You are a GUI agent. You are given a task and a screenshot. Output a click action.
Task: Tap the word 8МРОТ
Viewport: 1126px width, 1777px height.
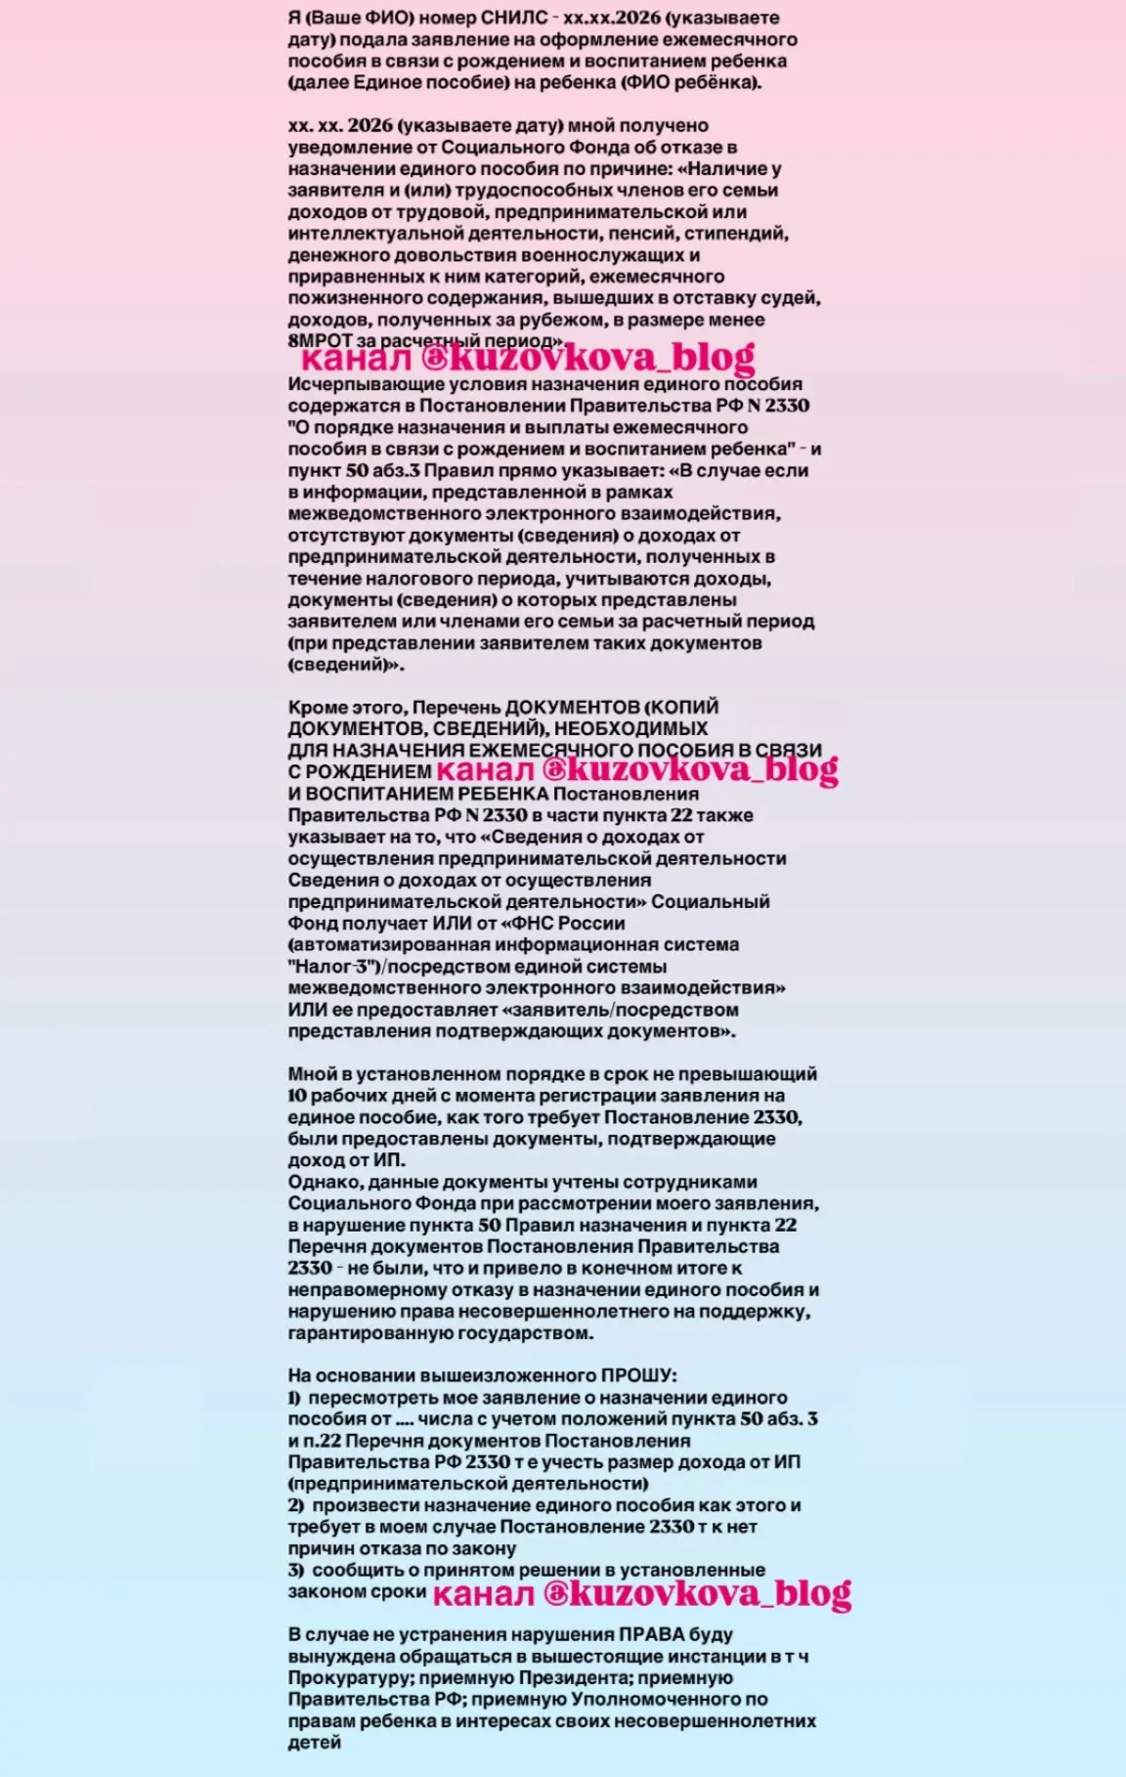pos(320,341)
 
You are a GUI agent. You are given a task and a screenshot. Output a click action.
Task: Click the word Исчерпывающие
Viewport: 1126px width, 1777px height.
pos(353,384)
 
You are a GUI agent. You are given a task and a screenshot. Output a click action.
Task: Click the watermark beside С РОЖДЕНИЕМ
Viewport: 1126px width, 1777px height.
pos(636,770)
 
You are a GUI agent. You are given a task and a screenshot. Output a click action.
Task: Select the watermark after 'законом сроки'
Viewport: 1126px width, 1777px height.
pos(641,1594)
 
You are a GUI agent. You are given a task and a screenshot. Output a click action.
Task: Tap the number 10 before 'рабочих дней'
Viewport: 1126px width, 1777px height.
pos(298,1096)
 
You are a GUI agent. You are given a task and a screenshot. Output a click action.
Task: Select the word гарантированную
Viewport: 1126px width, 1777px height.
pos(361,1333)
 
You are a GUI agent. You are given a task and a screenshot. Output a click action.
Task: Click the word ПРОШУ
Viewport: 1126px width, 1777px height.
pos(639,1376)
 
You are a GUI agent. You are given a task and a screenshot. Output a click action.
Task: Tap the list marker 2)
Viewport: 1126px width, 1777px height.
pos(296,1505)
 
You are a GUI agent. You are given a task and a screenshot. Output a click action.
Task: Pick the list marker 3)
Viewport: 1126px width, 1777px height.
pos(296,1570)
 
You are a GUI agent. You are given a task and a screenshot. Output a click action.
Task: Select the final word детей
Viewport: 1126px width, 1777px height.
pos(314,1742)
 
